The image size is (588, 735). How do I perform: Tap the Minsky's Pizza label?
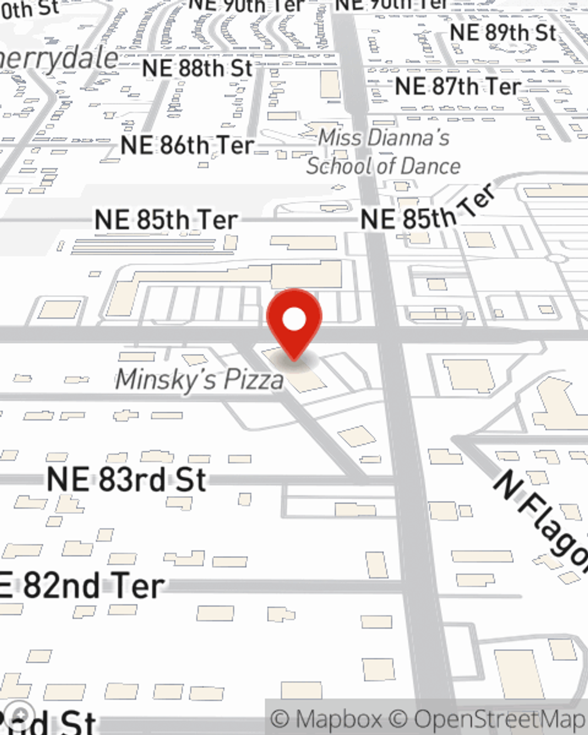coord(199,379)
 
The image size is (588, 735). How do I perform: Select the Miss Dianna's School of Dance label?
coord(383,152)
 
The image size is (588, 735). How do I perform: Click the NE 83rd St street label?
coord(126,479)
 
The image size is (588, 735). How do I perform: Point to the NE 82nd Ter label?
coord(82,586)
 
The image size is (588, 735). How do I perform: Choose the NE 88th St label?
coord(197,68)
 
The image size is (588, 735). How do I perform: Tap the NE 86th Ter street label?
coord(187,145)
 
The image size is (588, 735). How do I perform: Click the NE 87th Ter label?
coord(457,86)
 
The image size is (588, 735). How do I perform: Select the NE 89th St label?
coord(503,32)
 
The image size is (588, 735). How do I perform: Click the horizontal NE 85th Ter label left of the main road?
coord(166,220)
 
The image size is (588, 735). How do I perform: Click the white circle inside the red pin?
coord(294,319)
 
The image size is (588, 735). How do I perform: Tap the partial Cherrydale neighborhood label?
coord(59,59)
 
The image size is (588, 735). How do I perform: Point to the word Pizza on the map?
coord(247,380)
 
